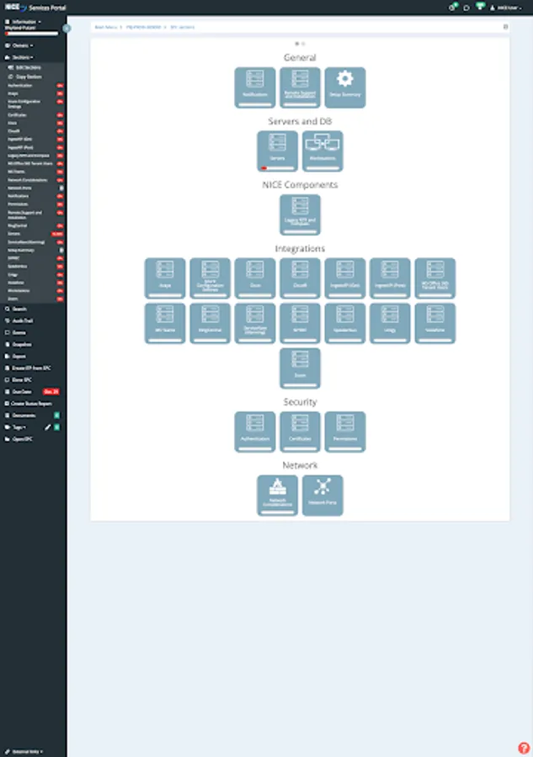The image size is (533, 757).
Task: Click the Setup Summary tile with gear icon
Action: [345, 87]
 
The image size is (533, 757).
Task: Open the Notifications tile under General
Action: [255, 87]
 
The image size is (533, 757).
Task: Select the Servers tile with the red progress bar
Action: [278, 151]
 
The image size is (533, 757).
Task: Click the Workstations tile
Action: [322, 151]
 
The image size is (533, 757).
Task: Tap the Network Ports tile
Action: [322, 495]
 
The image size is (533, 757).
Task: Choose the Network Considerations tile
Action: [278, 495]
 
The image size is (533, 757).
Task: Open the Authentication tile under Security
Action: [255, 431]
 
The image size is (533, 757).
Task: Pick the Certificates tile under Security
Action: [300, 431]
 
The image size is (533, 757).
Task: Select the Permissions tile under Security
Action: [345, 431]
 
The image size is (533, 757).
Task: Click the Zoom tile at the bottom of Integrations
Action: [300, 368]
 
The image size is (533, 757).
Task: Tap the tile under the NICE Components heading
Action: [300, 214]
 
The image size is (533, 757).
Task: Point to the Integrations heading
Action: [300, 249]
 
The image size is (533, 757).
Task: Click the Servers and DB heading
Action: [300, 122]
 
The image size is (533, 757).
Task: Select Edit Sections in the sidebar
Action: [29, 66]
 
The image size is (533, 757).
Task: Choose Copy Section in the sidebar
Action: [29, 76]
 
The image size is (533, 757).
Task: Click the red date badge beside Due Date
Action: [51, 392]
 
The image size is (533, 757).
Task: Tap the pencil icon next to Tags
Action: [47, 427]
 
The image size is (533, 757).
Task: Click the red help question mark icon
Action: [523, 747]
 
